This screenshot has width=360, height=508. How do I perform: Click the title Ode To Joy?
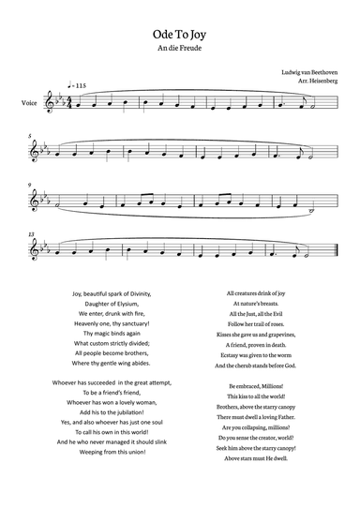179,33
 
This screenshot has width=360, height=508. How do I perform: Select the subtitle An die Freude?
179,48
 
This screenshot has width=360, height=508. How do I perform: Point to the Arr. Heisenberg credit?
316,82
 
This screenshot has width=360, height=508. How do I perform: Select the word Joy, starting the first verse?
77,293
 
